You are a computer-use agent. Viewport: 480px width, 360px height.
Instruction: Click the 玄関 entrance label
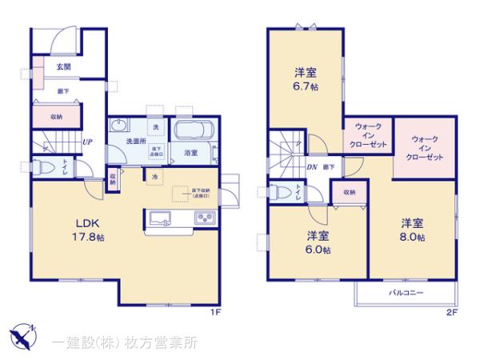click(63, 68)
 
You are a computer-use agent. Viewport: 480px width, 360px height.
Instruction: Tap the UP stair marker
click(86, 143)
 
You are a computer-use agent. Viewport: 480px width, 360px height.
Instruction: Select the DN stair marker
click(314, 166)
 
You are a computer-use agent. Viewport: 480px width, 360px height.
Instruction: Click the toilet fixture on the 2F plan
click(280, 192)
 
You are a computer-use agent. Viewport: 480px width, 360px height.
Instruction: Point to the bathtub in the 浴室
click(192, 130)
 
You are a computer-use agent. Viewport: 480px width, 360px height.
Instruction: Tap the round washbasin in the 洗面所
click(119, 125)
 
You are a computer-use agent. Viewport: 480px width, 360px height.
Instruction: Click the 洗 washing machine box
click(157, 127)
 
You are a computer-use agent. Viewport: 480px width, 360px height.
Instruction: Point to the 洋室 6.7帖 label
click(304, 78)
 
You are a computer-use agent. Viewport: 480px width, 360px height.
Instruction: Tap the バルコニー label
click(406, 293)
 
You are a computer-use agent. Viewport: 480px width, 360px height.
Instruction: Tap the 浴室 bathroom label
click(190, 151)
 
